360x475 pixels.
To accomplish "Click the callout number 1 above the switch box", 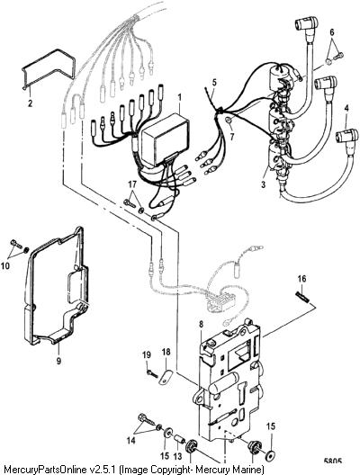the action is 179,98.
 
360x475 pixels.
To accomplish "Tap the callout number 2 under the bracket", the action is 30,103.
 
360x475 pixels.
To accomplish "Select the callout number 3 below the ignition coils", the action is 263,184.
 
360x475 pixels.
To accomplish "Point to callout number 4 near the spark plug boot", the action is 346,108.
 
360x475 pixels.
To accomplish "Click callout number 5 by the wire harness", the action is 214,83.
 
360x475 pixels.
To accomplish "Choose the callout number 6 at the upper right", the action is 332,31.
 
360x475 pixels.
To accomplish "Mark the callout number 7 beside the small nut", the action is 232,137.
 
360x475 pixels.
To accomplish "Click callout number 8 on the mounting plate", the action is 202,325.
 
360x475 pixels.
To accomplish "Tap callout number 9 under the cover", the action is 58,361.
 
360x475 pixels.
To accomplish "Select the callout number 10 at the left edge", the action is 5,265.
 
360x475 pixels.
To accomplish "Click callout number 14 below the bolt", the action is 130,440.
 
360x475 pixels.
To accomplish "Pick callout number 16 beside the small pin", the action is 301,279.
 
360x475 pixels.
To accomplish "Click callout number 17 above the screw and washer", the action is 132,184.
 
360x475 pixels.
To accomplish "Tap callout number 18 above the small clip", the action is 166,353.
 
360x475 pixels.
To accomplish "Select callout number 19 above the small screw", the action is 147,354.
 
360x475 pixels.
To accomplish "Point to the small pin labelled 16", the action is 301,297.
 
